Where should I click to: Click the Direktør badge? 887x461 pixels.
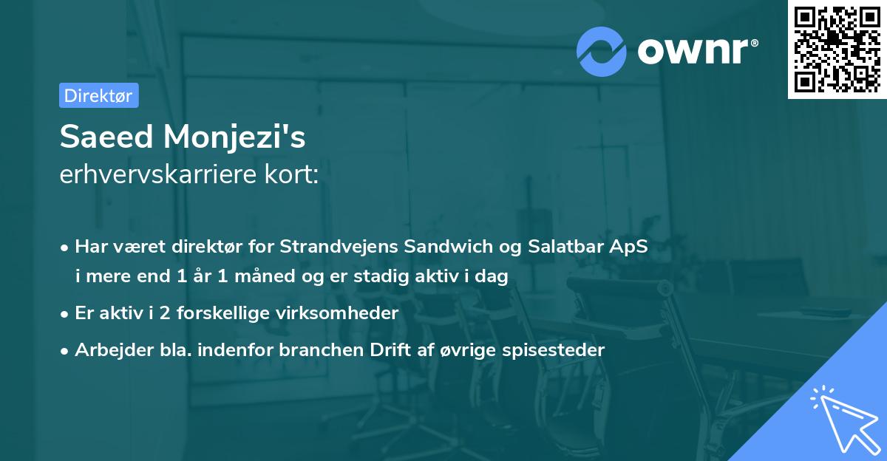pos(98,95)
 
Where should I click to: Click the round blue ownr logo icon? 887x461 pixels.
pos(602,51)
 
